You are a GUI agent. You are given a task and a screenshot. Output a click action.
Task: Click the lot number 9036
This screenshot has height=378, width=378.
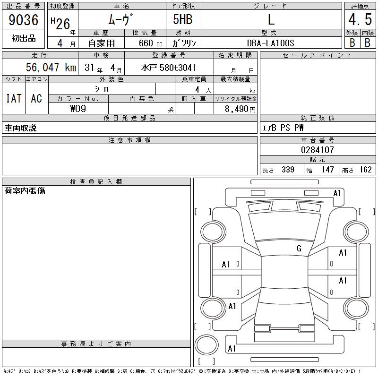23,19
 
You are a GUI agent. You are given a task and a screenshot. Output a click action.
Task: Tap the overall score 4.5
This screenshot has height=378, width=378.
360,19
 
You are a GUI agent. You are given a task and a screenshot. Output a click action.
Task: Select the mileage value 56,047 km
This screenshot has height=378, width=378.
51,67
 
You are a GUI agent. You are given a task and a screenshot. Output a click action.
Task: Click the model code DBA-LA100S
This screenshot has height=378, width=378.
270,43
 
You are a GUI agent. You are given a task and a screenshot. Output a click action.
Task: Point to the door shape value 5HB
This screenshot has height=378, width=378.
183,19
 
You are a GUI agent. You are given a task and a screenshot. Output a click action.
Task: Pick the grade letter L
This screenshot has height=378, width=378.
271,19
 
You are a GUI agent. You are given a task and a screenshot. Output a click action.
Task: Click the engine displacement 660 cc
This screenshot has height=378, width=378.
150,43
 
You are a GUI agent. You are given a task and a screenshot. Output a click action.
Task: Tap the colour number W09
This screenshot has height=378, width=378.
78,109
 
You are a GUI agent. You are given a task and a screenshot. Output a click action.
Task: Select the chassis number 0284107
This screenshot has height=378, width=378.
317,150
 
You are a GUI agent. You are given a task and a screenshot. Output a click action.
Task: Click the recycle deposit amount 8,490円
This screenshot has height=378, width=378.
240,109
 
